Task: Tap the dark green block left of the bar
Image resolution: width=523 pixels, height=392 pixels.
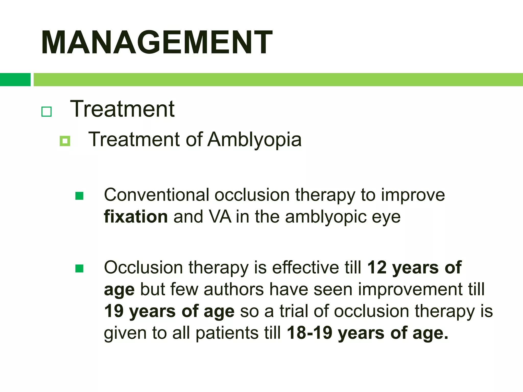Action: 15,80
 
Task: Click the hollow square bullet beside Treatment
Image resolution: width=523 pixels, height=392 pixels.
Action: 46,112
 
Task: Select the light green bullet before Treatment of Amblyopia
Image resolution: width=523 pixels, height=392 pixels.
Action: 65,141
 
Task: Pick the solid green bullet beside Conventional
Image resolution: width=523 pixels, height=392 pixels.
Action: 79,196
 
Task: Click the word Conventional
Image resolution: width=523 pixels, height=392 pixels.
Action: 157,195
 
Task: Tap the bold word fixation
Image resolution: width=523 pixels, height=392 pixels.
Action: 136,217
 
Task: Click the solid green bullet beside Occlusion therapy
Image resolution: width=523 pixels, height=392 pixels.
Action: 79,268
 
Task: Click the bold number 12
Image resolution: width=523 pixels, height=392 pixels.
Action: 377,268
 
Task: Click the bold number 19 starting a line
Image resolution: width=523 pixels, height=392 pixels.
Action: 114,311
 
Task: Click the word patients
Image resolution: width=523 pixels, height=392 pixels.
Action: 227,334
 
